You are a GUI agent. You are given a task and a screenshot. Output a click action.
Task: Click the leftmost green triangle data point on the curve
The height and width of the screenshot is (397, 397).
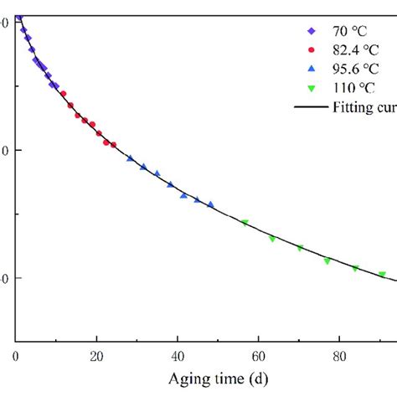[245, 223]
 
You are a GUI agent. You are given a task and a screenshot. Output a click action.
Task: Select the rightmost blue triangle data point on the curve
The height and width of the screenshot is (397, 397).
[210, 204]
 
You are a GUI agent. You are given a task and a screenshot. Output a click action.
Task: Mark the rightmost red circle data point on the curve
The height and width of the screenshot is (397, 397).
[113, 144]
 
